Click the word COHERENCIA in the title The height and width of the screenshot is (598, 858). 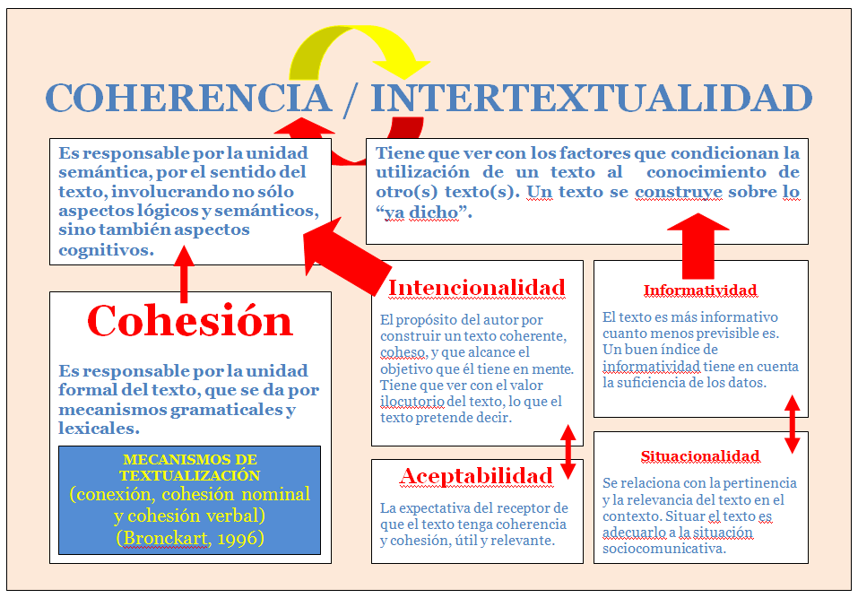187,98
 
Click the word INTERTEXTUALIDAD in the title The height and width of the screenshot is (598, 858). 592,98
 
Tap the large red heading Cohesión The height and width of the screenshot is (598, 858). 190,320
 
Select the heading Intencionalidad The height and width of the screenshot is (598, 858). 476,288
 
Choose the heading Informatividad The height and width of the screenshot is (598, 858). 700,290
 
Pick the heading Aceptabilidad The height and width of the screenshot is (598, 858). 476,475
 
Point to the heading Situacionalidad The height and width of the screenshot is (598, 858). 700,455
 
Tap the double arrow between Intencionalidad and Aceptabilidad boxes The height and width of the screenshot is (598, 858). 568,453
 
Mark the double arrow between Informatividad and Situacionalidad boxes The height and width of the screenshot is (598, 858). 792,423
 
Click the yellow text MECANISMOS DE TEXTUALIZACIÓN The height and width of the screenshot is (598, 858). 190,467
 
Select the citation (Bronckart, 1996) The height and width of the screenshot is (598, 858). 190,538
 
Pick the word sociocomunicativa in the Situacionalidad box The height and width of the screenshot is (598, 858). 663,549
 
